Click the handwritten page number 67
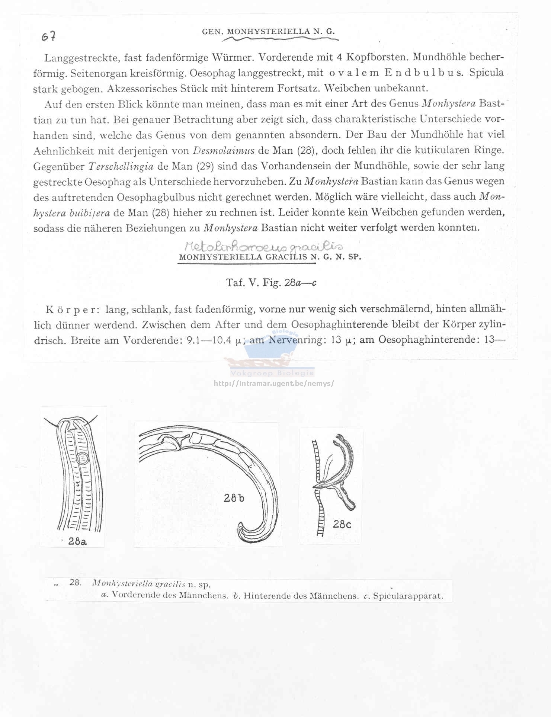[x=49, y=36]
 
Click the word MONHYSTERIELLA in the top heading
[x=268, y=32]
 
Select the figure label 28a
[x=78, y=542]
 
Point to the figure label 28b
[x=234, y=498]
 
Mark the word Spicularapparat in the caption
[x=408, y=596]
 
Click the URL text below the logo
[x=274, y=383]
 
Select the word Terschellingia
[x=121, y=166]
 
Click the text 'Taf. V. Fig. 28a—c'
[x=271, y=283]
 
